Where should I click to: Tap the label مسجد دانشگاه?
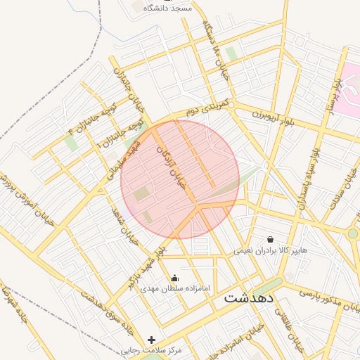tap(167, 8)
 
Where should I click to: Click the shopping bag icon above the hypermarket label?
tap(271, 239)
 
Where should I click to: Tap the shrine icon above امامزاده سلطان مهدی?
tap(175, 278)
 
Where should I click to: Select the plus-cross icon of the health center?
tap(151, 340)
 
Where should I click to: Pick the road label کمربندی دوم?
tap(209, 108)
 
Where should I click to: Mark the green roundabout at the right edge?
tap(353, 233)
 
